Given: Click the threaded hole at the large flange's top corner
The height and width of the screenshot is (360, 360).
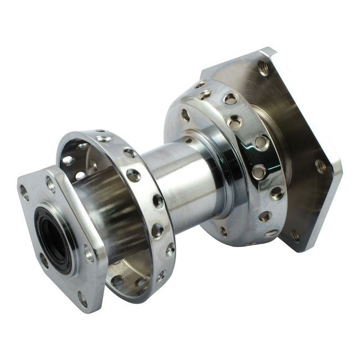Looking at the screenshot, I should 263,68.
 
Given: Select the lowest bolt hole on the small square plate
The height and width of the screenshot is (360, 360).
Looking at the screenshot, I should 83,300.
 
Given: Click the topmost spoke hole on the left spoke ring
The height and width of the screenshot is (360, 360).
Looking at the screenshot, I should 103,138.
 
